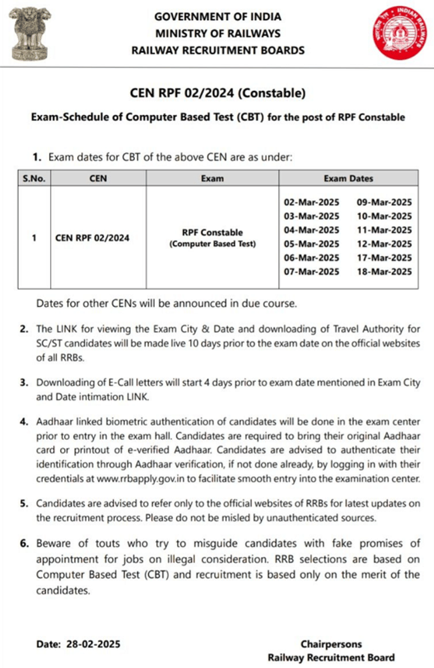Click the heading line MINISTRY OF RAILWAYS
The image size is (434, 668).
pos(218,33)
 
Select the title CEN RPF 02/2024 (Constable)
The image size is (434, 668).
pos(218,92)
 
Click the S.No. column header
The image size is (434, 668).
pos(34,179)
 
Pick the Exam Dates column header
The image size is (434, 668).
pos(348,179)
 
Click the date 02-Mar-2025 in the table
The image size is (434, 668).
pos(312,202)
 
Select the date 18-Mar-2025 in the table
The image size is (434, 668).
pos(384,271)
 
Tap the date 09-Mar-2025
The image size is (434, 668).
pos(384,202)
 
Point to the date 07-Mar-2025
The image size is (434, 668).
pos(312,271)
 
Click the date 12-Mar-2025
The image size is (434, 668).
pos(384,244)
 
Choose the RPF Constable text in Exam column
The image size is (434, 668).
pos(212,232)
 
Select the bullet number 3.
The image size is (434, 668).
pos(24,382)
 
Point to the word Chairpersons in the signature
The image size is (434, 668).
pos(331,645)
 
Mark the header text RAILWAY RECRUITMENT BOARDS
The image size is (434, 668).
pos(218,50)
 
